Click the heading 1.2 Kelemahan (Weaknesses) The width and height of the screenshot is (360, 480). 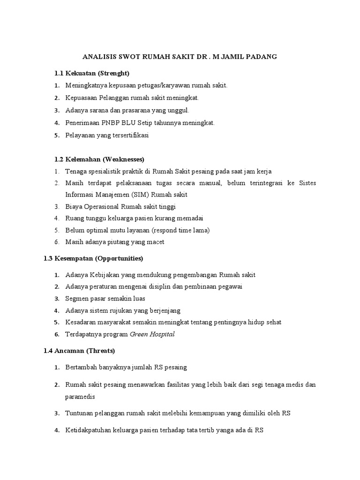click(99, 159)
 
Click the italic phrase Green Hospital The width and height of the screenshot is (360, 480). click(152, 334)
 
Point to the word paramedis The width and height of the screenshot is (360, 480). click(80, 397)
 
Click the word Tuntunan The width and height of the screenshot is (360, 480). click(79, 413)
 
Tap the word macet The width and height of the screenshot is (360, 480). click(155, 242)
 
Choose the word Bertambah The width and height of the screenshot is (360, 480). click(81, 367)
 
